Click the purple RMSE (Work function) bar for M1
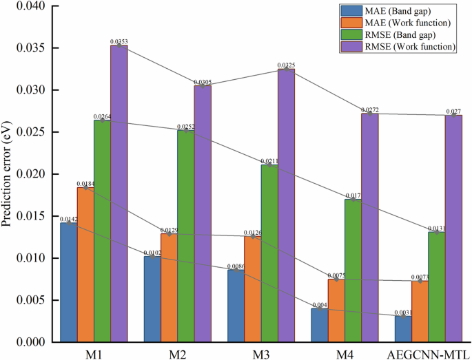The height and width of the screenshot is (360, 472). [x=119, y=193]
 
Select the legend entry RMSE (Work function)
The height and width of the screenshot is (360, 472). [x=405, y=46]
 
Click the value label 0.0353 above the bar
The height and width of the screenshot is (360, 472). [x=119, y=42]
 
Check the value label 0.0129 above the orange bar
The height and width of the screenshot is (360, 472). [x=170, y=231]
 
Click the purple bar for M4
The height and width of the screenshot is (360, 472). [x=353, y=228]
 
